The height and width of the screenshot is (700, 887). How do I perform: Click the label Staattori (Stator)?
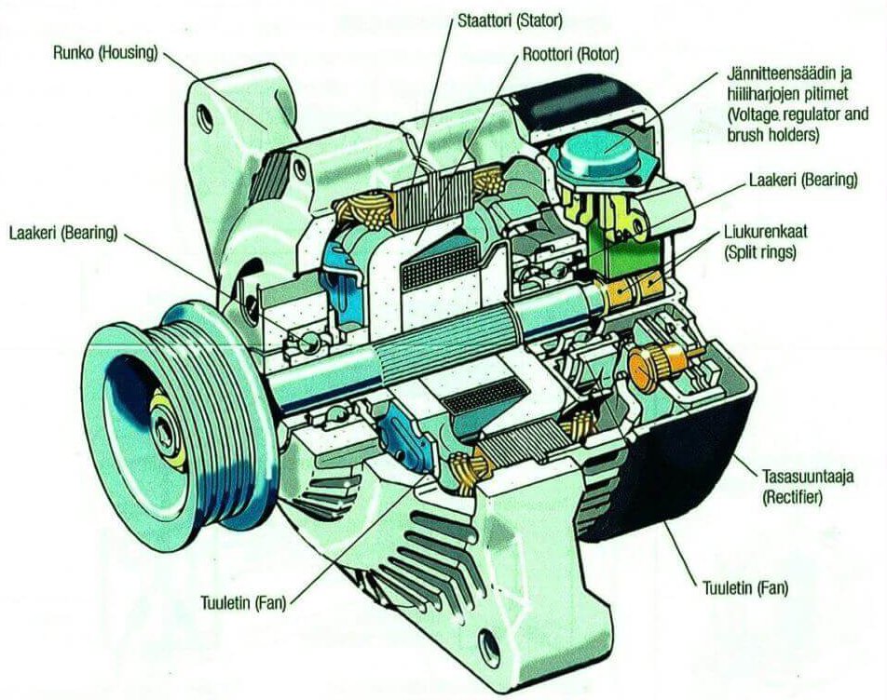click(x=509, y=19)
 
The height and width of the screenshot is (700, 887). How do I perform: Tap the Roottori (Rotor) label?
click(x=569, y=54)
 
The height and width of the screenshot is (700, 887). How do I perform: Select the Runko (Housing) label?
click(x=105, y=50)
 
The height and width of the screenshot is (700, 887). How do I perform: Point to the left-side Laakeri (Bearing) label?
click(x=62, y=232)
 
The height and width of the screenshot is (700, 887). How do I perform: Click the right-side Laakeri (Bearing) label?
click(x=802, y=180)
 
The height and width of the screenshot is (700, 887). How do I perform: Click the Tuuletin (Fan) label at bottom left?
click(x=243, y=602)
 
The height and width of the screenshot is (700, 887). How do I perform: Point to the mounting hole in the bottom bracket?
click(x=488, y=641)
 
